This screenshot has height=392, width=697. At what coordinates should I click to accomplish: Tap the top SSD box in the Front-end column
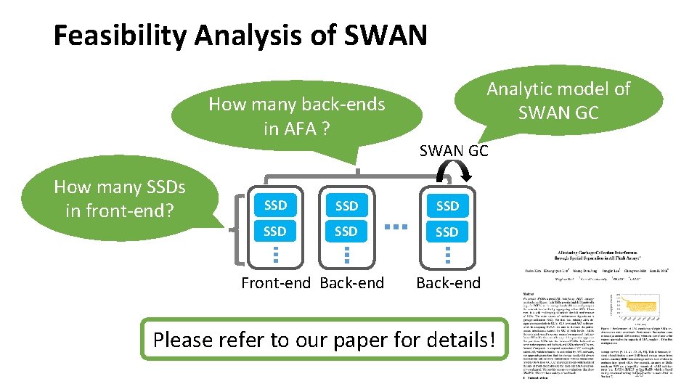(275, 205)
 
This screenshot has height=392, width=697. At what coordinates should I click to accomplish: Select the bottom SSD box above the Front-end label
(275, 232)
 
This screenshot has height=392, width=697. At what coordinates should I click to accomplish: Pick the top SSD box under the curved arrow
(447, 205)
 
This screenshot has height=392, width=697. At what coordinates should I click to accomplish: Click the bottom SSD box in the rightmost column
(447, 232)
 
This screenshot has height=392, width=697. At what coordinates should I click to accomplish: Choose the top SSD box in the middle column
(346, 205)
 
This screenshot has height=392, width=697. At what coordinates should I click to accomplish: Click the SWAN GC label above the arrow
(454, 150)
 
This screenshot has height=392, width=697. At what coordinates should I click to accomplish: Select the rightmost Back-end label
(448, 283)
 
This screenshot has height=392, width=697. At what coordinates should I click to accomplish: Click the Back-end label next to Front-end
(352, 283)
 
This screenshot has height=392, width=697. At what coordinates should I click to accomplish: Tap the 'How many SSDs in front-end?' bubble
(120, 198)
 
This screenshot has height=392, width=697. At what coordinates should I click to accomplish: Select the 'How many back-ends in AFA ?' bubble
(296, 116)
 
